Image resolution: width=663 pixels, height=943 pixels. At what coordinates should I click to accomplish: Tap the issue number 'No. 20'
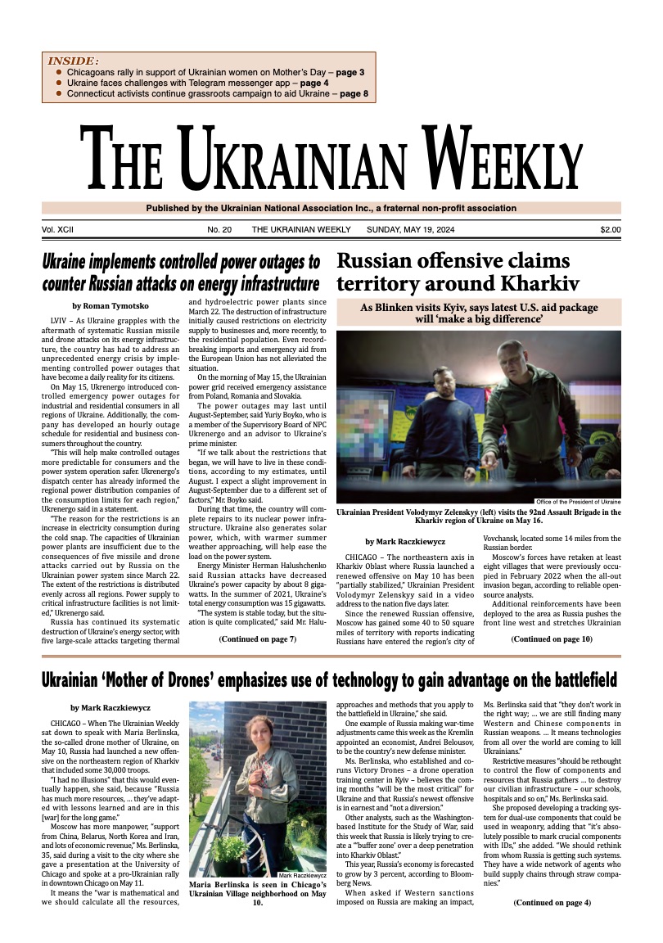point(219,230)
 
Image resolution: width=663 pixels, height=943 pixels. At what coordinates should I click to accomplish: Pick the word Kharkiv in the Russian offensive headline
point(536,284)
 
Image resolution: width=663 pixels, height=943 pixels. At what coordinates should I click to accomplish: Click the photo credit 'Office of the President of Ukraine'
point(578,501)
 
